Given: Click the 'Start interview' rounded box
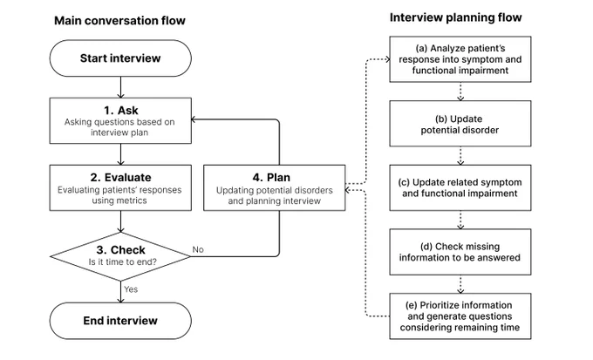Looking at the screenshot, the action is click(120, 58).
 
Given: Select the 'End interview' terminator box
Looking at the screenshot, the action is click(120, 321).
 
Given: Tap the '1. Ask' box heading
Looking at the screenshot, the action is click(121, 111).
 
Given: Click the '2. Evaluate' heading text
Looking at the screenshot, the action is click(120, 177).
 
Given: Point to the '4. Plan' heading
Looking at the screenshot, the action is click(271, 177).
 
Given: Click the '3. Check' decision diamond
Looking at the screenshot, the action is click(120, 257).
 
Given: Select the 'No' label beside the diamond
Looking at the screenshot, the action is click(198, 249).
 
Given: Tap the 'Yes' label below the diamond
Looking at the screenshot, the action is click(131, 289).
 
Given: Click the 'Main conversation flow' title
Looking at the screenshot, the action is click(119, 20).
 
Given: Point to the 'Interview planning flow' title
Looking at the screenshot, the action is click(456, 17).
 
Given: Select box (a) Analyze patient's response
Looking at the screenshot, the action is click(460, 59).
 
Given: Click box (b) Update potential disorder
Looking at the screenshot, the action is click(460, 124).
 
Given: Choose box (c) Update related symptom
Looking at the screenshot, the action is click(460, 188).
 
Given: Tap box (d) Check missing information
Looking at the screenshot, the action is click(460, 252).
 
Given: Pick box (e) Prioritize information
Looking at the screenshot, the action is click(460, 316).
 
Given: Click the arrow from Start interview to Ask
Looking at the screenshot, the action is click(120, 87).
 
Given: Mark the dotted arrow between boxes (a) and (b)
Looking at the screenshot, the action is click(460, 92).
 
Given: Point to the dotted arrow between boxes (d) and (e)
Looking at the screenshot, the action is click(460, 284).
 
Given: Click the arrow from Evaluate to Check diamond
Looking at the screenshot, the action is click(120, 221).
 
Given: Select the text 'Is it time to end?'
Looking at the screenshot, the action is click(123, 262).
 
